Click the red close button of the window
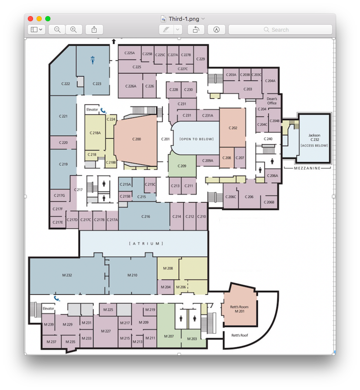[x=30, y=19]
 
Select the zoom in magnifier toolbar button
[x=73, y=30]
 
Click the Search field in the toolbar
[x=280, y=30]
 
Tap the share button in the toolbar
[x=94, y=30]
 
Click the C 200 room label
[x=137, y=139]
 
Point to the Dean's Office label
[x=272, y=100]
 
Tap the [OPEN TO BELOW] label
[x=196, y=139]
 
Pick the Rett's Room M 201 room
[x=240, y=309]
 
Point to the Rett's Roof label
[x=240, y=336]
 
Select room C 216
[x=145, y=217]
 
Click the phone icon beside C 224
[x=103, y=110]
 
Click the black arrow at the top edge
[x=114, y=41]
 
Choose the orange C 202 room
[x=233, y=128]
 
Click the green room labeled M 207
[x=169, y=336]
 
